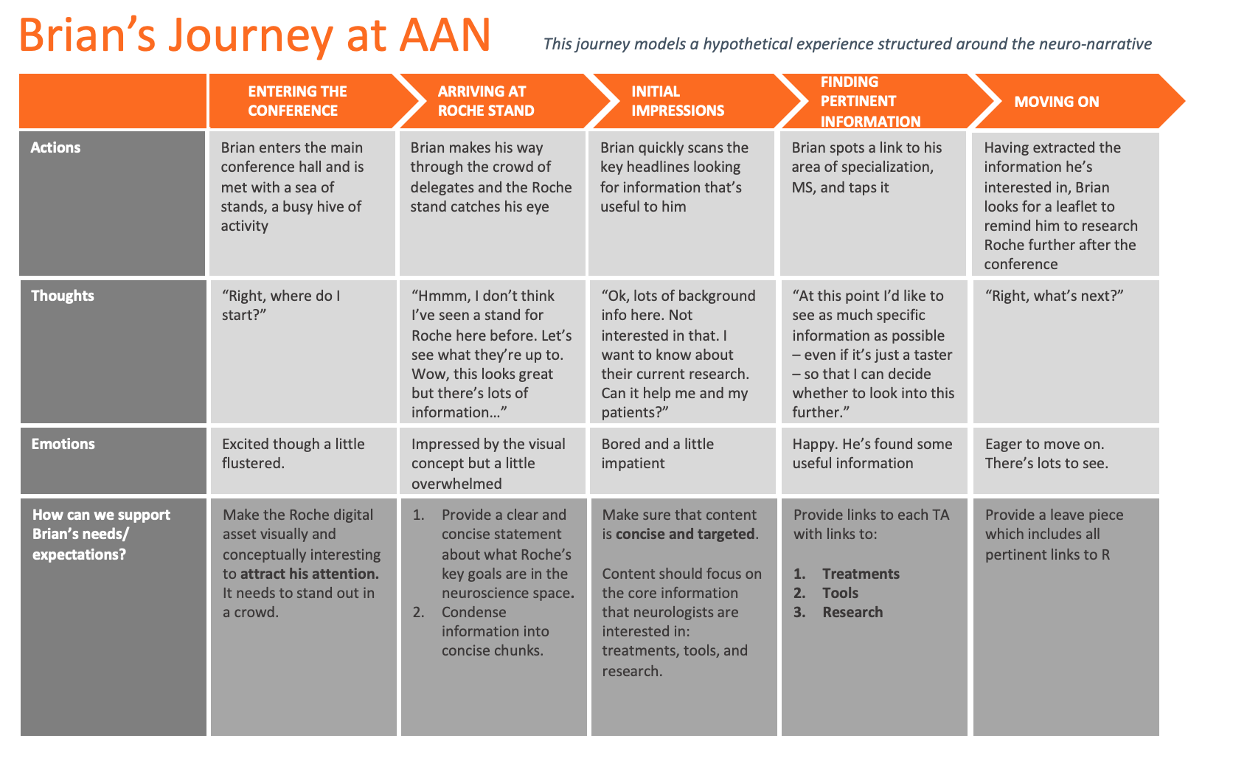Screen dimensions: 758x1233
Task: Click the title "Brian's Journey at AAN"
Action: [x=254, y=35]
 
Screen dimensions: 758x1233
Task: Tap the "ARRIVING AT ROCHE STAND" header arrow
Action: [x=486, y=101]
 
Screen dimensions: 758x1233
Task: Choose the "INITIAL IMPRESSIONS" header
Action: [x=678, y=101]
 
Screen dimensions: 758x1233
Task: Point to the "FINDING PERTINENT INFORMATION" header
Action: [x=870, y=101]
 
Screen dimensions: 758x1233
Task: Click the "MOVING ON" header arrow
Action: [x=1056, y=102]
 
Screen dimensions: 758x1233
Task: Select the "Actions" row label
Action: [x=55, y=147]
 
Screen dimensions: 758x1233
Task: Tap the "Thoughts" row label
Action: [x=63, y=296]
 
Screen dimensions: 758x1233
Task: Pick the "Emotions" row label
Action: [x=63, y=444]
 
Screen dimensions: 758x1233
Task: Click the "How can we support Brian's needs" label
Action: [x=101, y=534]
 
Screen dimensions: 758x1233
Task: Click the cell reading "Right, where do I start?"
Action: [x=281, y=305]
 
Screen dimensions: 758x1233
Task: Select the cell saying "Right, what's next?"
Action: [x=1054, y=296]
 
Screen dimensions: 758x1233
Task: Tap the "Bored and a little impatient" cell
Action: [x=657, y=453]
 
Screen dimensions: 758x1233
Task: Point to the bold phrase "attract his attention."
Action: [x=309, y=574]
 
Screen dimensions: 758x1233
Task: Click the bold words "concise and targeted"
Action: [x=685, y=534]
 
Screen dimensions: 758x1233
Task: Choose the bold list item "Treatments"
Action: [x=861, y=574]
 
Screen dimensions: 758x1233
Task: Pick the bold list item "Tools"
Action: [x=840, y=593]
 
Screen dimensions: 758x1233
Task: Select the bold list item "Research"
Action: [x=852, y=612]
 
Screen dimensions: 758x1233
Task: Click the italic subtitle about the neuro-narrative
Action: [x=847, y=44]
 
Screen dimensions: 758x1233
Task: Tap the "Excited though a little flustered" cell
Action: [x=293, y=453]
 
